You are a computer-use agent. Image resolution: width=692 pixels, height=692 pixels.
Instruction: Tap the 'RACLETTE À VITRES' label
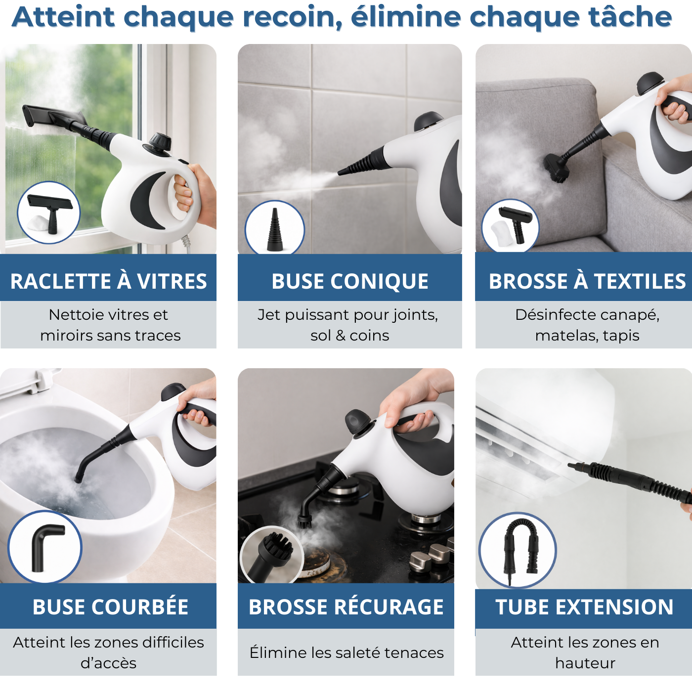click(x=108, y=281)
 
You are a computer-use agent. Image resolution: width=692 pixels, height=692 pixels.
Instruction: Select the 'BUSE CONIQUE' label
click(x=349, y=281)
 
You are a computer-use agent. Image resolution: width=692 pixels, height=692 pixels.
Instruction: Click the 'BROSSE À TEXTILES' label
click(x=587, y=281)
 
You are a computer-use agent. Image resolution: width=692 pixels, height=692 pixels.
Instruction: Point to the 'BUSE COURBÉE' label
click(x=110, y=606)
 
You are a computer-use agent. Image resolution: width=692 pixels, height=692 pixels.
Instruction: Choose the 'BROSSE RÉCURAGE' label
click(x=346, y=606)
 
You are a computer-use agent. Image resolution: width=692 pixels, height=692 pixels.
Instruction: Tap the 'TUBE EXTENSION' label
click(x=584, y=606)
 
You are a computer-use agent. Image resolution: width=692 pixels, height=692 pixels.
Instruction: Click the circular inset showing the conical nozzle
click(x=275, y=229)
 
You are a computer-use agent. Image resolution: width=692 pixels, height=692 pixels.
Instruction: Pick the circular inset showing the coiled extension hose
click(x=518, y=550)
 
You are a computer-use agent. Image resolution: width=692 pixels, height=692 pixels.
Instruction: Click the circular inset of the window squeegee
click(x=48, y=213)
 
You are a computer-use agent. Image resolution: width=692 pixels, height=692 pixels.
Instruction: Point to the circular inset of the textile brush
click(x=510, y=226)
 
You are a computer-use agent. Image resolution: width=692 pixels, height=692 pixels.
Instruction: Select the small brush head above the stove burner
click(x=304, y=519)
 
